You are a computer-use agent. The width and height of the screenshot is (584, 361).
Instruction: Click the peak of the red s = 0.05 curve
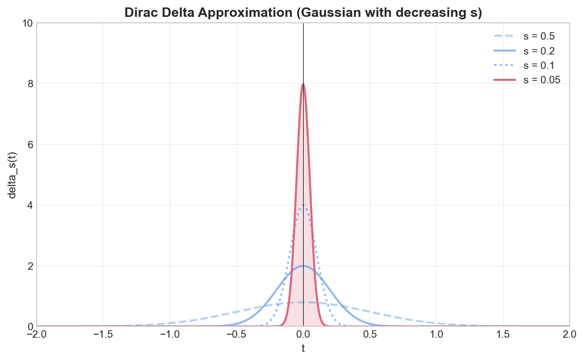coord(303,84)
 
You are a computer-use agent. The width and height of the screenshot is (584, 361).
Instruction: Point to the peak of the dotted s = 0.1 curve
coord(303,205)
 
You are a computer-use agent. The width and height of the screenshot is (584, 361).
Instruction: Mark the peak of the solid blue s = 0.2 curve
coord(303,266)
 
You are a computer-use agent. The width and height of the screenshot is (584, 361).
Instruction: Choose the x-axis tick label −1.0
coord(170,335)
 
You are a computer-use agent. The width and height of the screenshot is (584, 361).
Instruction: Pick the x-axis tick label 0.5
coord(370,335)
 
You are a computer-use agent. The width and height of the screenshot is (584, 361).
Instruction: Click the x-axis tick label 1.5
coord(503,335)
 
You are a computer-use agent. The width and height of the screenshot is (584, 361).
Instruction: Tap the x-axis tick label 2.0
coord(569,335)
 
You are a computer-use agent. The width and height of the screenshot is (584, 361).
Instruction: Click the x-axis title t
coord(303,349)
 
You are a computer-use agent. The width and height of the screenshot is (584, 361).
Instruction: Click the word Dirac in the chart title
coord(141,12)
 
